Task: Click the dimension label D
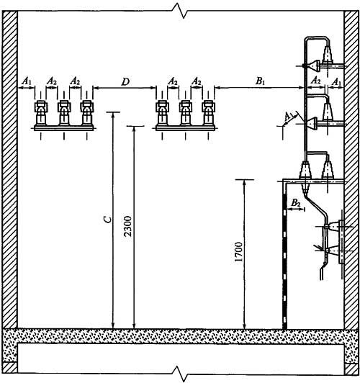[x=125, y=82]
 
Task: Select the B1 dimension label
[x=261, y=81]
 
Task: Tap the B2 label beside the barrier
[x=296, y=203]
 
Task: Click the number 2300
[x=127, y=226]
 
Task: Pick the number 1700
[x=238, y=251]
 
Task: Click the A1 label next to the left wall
[x=26, y=81]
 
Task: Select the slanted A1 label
[x=289, y=117]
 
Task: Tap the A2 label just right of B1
[x=316, y=81]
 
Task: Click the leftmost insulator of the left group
[x=41, y=113]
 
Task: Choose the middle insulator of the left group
[x=64, y=113]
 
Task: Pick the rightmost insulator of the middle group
[x=208, y=113]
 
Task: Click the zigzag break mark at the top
[x=180, y=11]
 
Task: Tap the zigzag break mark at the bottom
[x=180, y=373]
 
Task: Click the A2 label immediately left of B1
[x=197, y=81]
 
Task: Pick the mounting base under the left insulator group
[x=64, y=128]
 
